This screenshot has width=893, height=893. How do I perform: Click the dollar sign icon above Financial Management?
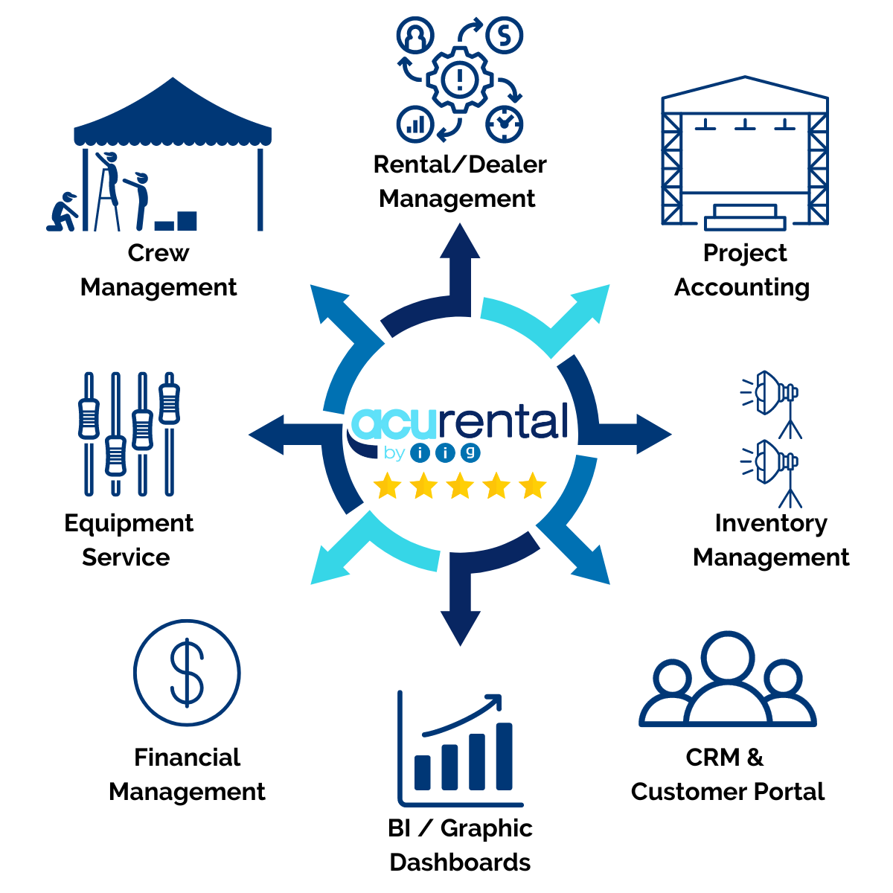coord(187,673)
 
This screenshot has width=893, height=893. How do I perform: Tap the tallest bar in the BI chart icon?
coord(504,755)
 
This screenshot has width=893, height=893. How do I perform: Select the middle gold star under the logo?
coord(460,487)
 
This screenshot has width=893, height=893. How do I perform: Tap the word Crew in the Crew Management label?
coord(158,253)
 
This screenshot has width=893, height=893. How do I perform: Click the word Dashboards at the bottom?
coord(460,862)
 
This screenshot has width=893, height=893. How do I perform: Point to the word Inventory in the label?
coord(770,523)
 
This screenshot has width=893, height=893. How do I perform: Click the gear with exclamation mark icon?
coord(460,78)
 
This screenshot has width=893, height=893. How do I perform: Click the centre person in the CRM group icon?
coord(728,681)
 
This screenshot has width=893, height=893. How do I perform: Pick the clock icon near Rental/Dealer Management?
coord(505,123)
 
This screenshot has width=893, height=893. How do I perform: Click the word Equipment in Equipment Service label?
coord(129,523)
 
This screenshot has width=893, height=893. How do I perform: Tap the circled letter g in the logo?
coord(470,452)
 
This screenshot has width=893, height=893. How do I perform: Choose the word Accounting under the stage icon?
coord(741,287)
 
